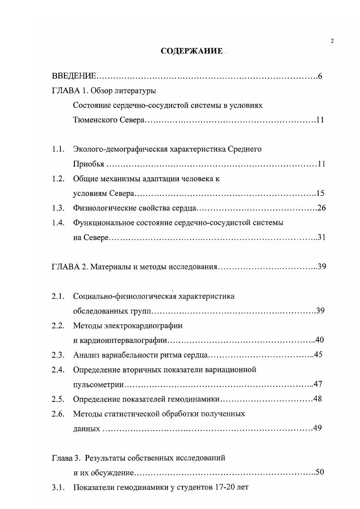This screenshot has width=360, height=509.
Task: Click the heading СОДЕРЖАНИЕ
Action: [x=192, y=51]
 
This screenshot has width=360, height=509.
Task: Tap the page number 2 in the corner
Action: [x=332, y=41]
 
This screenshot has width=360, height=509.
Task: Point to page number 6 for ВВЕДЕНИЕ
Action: [x=320, y=76]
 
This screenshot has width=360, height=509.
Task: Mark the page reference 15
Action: [x=320, y=193]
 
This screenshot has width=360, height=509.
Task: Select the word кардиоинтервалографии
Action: [x=123, y=340]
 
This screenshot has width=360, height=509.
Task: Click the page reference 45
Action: [x=318, y=355]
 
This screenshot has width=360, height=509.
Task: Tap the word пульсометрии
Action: [x=99, y=384]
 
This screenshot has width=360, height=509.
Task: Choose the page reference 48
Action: [x=317, y=399]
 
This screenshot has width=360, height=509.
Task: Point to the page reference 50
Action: [x=319, y=473]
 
